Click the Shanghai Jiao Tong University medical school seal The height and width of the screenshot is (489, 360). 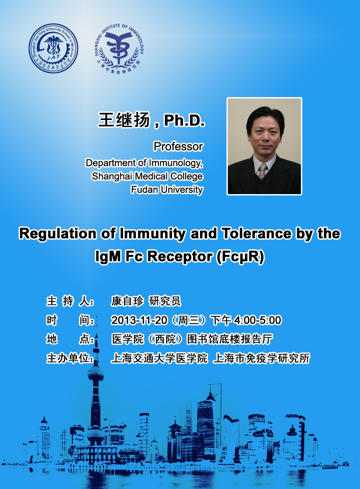tap(54, 49)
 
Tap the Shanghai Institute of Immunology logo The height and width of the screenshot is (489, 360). tap(118, 49)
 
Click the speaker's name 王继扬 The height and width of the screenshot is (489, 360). tap(124, 120)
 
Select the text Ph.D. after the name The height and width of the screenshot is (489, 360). tap(184, 120)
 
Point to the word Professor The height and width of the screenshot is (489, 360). tap(178, 146)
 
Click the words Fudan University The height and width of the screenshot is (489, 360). tap(167, 189)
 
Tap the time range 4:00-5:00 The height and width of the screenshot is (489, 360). tap(258, 321)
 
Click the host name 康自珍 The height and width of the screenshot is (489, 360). tap(128, 301)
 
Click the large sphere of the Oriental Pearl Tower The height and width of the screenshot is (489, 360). tap(96, 373)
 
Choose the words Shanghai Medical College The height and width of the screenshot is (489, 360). tap(147, 176)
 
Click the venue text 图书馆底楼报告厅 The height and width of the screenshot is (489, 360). tap(229, 339)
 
